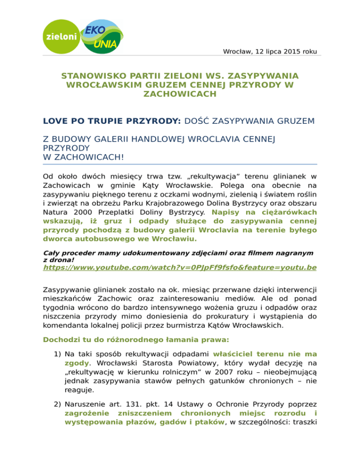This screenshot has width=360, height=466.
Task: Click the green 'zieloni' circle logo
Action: tap(61, 36)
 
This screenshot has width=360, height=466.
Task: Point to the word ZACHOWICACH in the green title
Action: tap(180, 94)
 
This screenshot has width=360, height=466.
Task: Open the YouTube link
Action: tap(180, 268)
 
